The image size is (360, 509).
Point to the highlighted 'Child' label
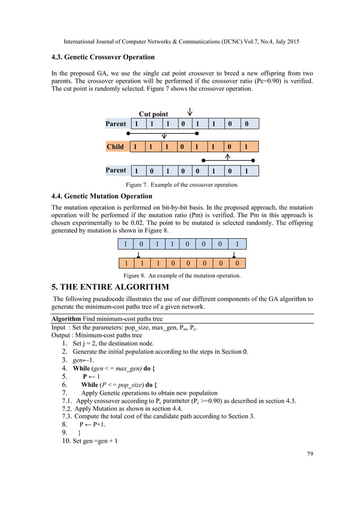pos(116,147)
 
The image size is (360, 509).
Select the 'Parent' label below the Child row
pos(116,170)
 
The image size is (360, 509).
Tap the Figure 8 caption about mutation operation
pos(182,276)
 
